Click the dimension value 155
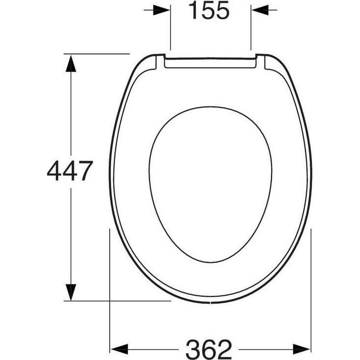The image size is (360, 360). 209,11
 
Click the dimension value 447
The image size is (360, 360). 70,171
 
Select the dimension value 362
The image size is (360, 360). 209,349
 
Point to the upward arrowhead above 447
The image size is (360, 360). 72,63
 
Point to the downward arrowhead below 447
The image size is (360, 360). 72,292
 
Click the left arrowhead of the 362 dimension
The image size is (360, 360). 119,348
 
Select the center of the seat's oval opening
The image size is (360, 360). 210,184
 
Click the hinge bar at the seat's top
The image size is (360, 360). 210,63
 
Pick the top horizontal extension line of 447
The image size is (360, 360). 98,53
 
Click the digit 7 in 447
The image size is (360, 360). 84,171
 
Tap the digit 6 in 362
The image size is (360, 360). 209,349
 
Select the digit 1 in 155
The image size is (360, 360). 193,11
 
